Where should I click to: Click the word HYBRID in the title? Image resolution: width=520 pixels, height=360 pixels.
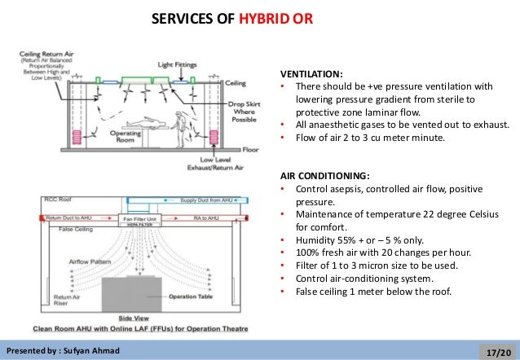coord(262,18)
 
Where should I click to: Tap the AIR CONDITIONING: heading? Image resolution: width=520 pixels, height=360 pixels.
coord(324,175)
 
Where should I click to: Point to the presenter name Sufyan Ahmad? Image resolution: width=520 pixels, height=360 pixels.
coord(87,351)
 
